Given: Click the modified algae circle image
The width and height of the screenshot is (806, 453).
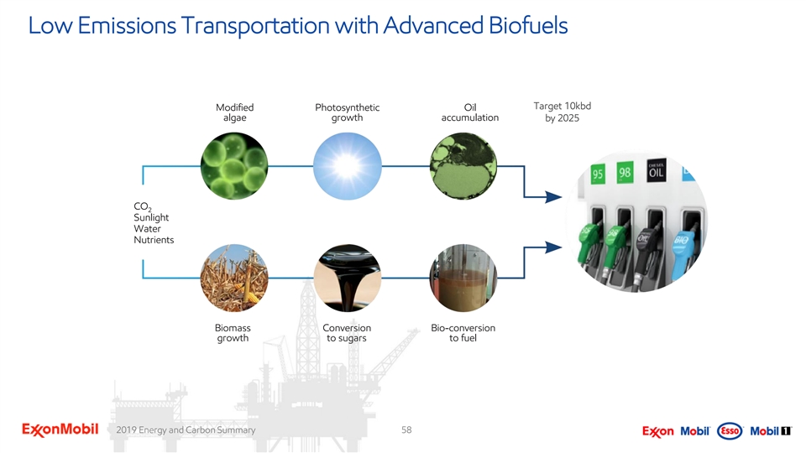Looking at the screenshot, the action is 234,166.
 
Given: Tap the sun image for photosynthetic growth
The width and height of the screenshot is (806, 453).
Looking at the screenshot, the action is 348,166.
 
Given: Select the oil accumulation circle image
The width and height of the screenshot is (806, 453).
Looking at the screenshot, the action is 463,166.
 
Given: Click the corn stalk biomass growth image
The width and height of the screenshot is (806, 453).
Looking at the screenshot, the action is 234,278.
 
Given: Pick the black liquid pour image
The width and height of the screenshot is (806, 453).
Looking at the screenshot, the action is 348,278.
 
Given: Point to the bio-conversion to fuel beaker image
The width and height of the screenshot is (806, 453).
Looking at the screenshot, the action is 463,278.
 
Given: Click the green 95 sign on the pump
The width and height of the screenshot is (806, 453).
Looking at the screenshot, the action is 597,174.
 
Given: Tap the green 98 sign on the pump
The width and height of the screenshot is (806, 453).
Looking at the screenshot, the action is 625,173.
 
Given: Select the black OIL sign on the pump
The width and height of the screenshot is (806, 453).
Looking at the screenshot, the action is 656,170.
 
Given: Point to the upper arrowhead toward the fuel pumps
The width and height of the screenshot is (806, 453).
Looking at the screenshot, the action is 553,196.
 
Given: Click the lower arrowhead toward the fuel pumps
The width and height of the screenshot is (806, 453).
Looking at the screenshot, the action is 553,247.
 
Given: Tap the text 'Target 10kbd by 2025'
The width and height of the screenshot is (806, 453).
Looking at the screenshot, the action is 563,112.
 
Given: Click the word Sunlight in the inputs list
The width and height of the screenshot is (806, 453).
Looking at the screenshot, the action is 151,217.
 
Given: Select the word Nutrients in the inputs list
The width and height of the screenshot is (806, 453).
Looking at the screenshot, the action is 154,240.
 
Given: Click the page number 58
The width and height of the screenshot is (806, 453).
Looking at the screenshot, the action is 406,430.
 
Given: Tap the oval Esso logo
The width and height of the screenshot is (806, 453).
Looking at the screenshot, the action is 730,431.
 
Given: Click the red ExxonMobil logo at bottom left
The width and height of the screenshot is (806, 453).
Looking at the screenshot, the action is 60,430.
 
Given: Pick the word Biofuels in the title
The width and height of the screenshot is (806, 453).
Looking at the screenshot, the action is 528,25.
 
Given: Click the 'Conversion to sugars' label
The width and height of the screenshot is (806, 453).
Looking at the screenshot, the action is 347,333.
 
